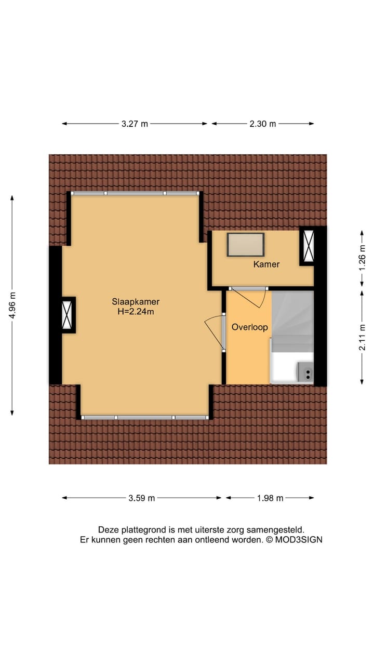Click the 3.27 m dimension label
point(135,124)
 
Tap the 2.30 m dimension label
point(263,124)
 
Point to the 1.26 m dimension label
point(362,258)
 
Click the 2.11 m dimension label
point(362,337)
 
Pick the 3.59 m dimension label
point(142,498)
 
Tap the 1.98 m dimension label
point(270,498)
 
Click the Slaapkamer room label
point(136,301)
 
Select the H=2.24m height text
point(136,312)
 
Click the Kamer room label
point(266,264)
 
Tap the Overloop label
point(249,327)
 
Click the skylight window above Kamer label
point(246,244)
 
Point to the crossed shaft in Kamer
point(308,246)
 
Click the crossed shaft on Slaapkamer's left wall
point(68,315)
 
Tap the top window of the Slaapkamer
point(135,193)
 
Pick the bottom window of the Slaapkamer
point(145,417)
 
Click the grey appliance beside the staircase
point(305,372)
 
